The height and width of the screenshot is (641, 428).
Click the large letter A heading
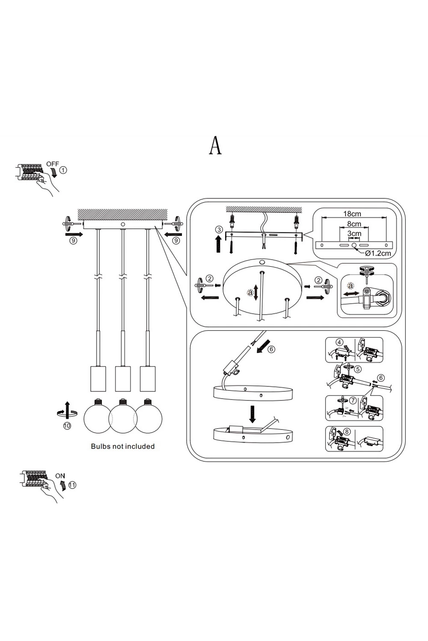pos(215,146)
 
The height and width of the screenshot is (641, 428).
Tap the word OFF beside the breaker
pos(53,164)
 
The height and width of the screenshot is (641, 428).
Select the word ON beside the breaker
pos(60,476)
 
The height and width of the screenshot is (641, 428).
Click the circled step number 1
pos(63,170)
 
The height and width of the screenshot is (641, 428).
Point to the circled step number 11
pos(72,485)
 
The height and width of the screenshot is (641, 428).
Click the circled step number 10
pos(67,426)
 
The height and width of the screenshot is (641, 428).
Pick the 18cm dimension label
pos(352,214)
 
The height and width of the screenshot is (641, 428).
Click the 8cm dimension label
pos(354,224)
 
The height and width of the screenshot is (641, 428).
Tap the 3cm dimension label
pos(354,234)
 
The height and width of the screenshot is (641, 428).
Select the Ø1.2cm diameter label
pos(378,253)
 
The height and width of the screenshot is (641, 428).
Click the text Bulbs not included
pos(122,447)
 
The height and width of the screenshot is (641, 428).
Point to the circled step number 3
pos(219,230)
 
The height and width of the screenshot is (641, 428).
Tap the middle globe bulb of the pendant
pos(123,418)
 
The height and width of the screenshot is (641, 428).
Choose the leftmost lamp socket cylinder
pos(98,378)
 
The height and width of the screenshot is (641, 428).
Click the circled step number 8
pos(347,432)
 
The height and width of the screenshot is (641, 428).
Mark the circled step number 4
pos(339,342)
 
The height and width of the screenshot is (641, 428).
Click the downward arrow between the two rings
pos(253,413)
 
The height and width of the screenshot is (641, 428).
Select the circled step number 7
pos(352,400)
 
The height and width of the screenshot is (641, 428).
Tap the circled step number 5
pos(358,369)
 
